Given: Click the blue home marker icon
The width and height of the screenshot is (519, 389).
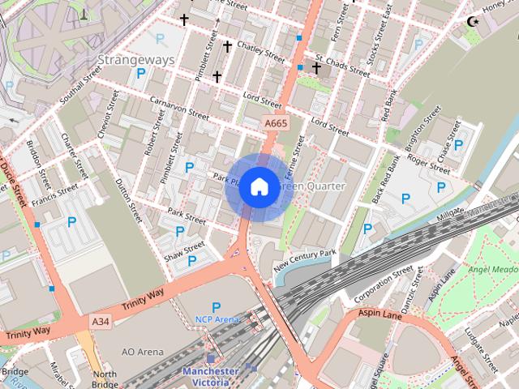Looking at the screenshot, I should click(x=259, y=186).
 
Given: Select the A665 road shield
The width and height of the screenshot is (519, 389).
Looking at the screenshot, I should click(x=276, y=123).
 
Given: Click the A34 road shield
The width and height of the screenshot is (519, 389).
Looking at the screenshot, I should click(x=101, y=322).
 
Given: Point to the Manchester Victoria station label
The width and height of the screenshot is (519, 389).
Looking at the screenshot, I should click(x=210, y=377).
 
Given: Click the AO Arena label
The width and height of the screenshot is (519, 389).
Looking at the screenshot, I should click(x=142, y=352).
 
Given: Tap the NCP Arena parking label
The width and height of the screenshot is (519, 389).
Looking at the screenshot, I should click(x=217, y=319).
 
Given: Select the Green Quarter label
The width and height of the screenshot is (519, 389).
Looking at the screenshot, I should click(x=315, y=186).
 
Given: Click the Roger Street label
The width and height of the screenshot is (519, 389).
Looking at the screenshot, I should click(x=429, y=165).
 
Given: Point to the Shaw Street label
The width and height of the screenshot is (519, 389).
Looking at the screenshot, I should click(x=184, y=251).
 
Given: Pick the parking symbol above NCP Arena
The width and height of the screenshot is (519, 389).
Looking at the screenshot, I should click(x=216, y=307).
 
